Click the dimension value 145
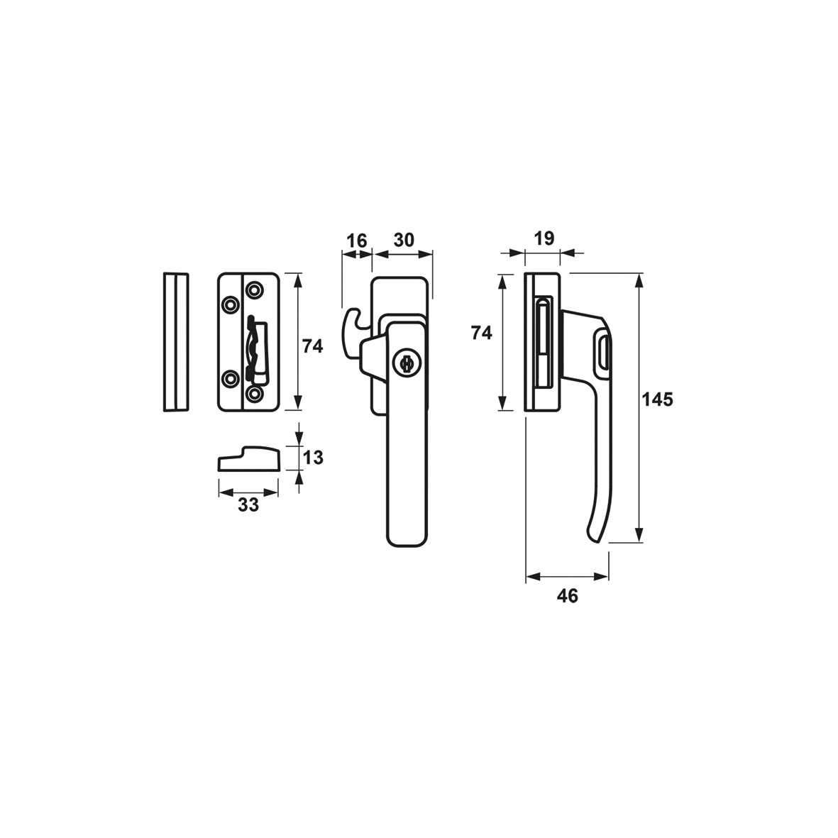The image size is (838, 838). point(657,399)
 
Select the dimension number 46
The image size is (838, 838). point(567,596)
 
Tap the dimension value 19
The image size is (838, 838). point(544,238)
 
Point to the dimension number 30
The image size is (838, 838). point(404,241)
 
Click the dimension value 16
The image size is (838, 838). point(356,241)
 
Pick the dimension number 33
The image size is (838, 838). point(248,505)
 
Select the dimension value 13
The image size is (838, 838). point(313,458)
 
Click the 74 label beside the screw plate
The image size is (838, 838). point(313,346)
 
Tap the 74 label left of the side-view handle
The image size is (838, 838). point(481,333)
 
